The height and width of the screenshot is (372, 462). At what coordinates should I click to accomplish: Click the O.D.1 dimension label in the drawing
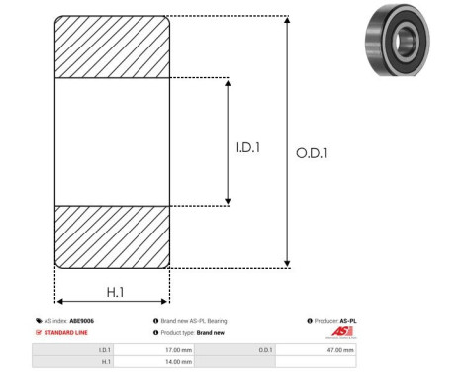coord(313,153)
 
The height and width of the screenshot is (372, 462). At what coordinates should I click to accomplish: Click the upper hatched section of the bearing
coord(112,46)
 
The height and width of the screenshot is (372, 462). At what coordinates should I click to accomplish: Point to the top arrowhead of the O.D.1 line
coord(288,21)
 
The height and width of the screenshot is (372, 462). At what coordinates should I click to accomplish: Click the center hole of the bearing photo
coord(406,40)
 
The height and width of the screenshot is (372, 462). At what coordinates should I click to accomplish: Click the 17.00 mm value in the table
coord(178,350)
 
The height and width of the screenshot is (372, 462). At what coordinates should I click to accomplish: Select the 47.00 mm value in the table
coord(340,350)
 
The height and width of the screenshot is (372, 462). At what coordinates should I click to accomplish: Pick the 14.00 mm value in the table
coord(178,362)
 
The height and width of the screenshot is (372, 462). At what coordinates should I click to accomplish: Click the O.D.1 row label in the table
coord(265,350)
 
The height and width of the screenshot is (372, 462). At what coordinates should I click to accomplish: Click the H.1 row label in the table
coord(104,362)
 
